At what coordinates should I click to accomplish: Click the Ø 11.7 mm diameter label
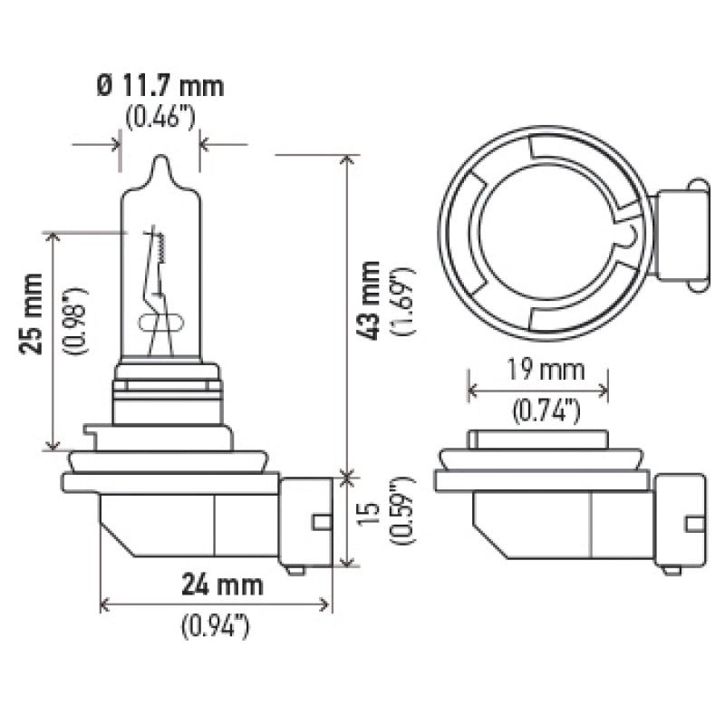pos(159,88)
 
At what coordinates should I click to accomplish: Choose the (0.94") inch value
pos(216,625)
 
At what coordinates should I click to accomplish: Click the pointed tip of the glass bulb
pos(159,163)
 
